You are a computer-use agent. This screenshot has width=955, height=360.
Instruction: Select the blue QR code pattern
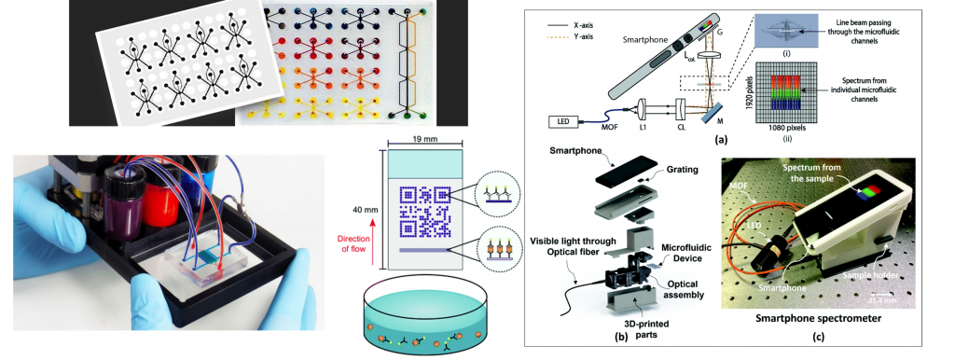pos(425,211)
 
